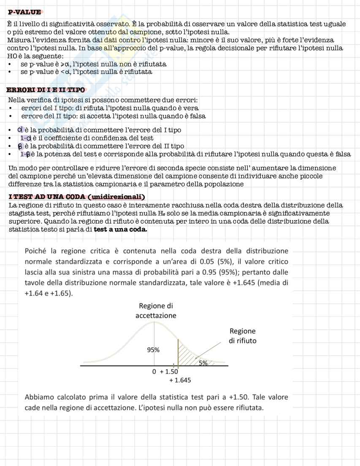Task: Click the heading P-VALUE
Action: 24,13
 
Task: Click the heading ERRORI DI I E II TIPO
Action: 46,90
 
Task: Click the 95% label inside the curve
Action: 153,350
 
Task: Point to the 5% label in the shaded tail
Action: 203,363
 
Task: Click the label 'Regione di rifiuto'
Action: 242,336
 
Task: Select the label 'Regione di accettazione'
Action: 156,311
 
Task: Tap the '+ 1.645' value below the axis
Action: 180,380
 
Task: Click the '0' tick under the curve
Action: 154,372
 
